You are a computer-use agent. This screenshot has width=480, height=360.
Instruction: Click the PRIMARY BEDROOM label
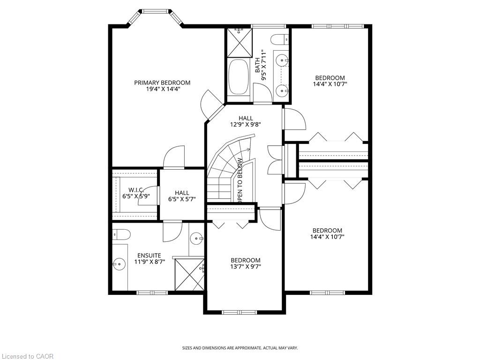click(162, 82)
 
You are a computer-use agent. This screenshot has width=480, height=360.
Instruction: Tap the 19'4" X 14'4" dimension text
click(162, 89)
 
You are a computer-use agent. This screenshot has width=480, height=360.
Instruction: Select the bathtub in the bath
click(239, 77)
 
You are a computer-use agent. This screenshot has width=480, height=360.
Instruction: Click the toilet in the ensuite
click(121, 234)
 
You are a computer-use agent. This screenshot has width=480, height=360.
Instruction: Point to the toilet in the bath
click(279, 39)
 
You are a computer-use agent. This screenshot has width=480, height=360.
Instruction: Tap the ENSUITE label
click(149, 255)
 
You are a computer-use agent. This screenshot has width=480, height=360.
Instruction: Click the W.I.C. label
click(136, 190)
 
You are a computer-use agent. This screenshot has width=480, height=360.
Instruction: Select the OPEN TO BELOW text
click(240, 180)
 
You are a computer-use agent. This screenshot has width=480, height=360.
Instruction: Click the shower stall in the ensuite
click(189, 274)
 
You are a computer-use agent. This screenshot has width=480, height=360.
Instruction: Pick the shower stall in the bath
click(240, 43)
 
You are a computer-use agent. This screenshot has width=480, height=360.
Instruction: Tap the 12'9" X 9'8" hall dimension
click(246, 125)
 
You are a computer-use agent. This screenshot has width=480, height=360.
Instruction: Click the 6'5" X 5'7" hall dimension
click(182, 199)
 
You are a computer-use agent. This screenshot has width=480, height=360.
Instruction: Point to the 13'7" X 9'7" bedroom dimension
click(246, 267)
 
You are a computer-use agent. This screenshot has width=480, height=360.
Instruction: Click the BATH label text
click(257, 65)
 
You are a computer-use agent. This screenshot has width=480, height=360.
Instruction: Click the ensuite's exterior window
click(152, 292)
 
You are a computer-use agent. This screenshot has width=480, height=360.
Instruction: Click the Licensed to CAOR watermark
click(27, 356)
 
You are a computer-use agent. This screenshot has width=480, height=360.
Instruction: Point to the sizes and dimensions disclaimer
click(240, 348)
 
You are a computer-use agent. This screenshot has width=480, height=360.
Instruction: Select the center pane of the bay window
click(156, 12)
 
